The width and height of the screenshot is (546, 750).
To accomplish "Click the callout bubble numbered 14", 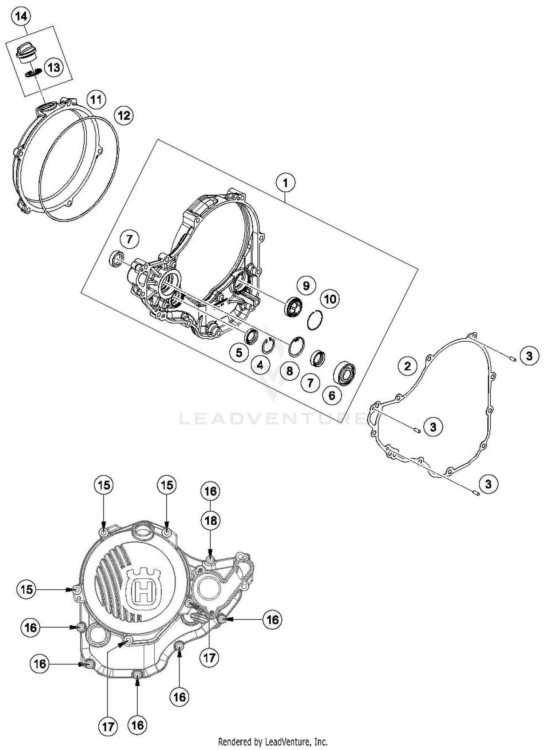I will pos(21,17).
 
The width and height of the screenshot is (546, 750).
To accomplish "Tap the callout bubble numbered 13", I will pos(54,68).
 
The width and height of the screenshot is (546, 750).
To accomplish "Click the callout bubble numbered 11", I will pos(96,99).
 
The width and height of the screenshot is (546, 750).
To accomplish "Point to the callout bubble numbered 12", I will pos(124,116).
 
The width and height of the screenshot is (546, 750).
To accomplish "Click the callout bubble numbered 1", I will pos(285,183).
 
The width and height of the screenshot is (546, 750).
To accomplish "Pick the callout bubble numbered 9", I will pos(306,286).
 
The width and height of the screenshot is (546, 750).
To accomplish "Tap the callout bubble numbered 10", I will pos(330,299).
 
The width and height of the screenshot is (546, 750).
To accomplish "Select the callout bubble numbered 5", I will pos(239,352).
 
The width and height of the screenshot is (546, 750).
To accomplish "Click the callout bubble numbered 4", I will pos(260,365).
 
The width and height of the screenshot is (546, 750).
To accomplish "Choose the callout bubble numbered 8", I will pos(289,371).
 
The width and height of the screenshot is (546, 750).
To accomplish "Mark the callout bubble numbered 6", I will pos(332,395).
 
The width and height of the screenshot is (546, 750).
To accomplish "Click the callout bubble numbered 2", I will pos(407,366).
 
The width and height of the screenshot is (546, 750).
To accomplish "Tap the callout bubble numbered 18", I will pos(210,521).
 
